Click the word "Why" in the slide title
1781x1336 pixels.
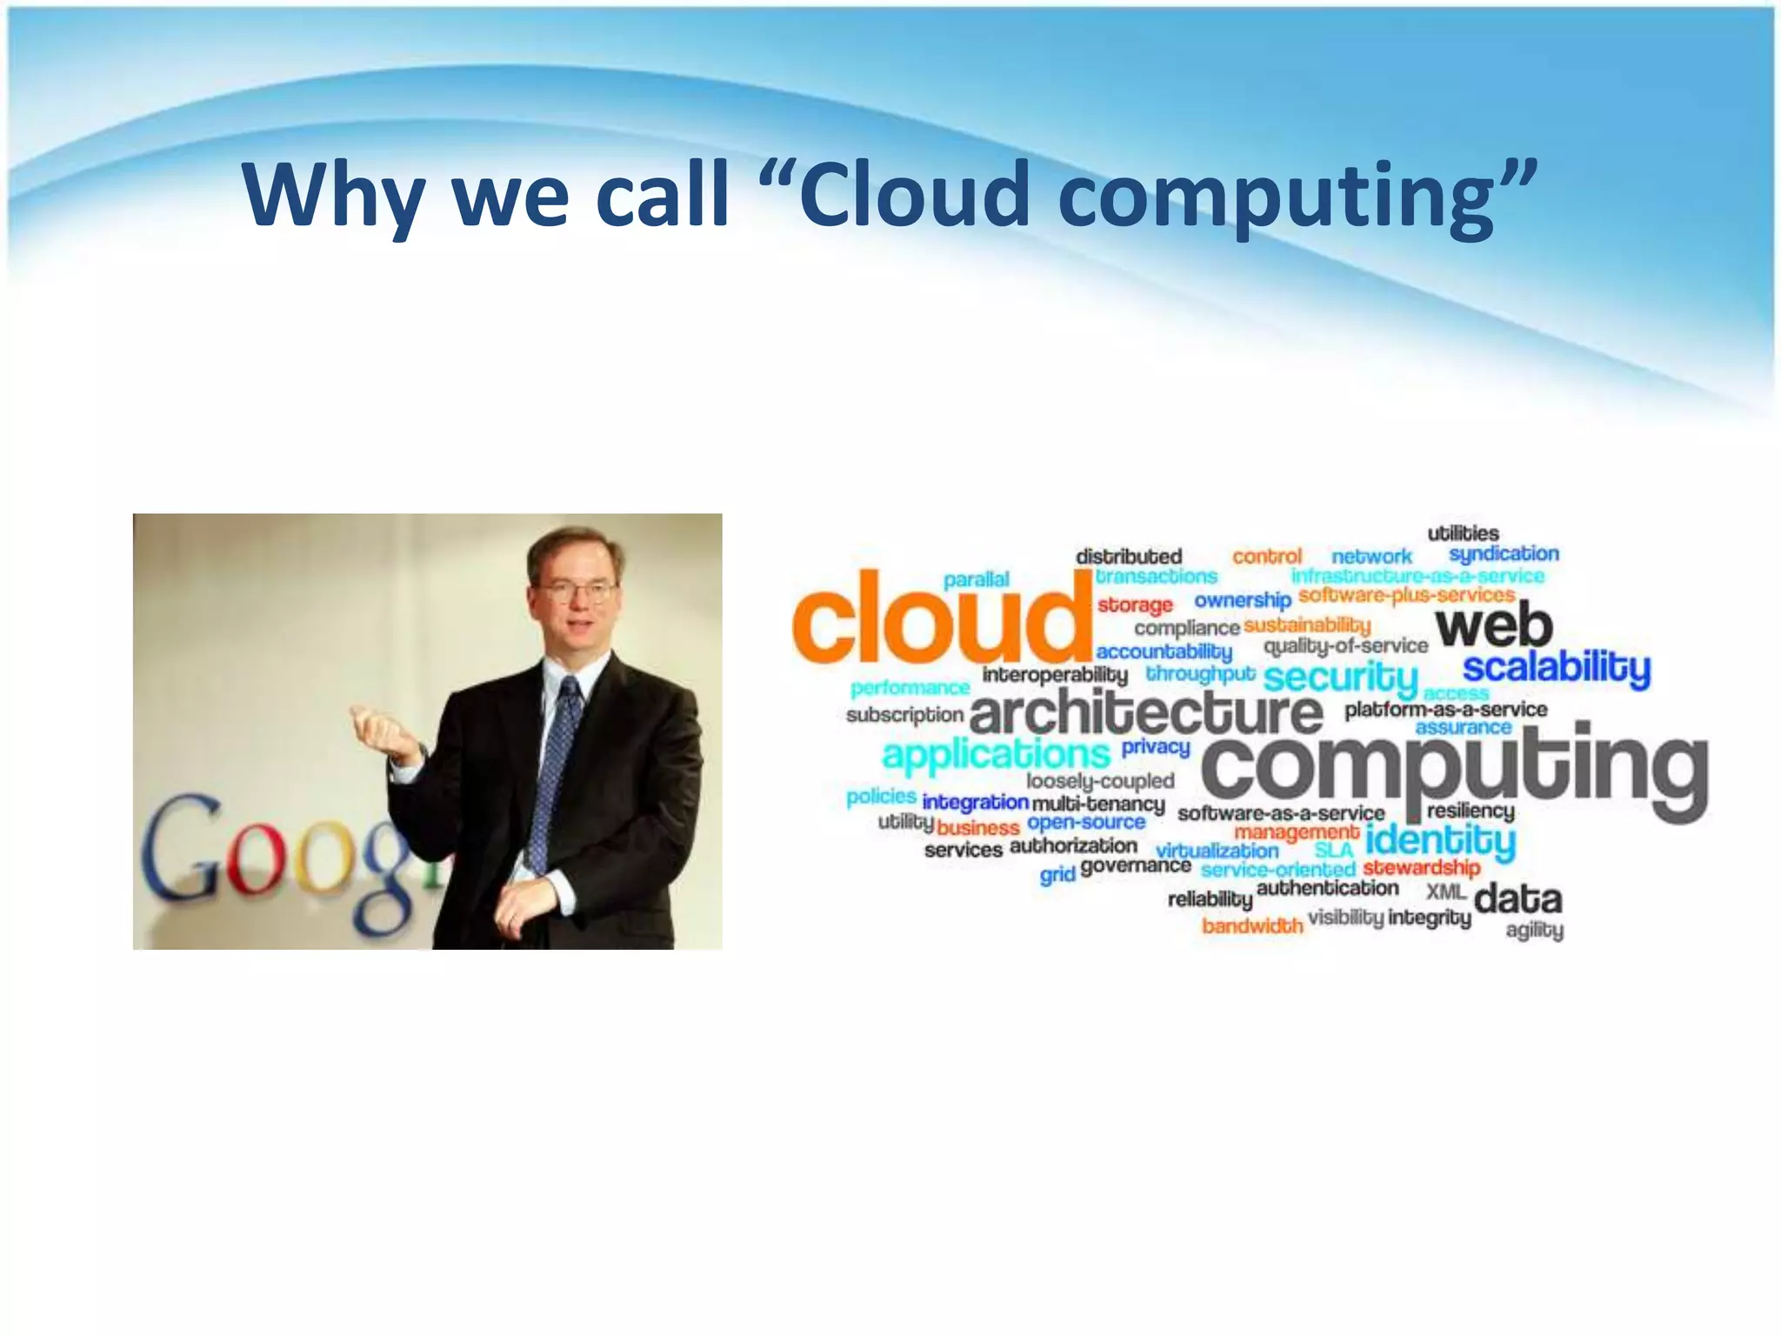tap(332, 195)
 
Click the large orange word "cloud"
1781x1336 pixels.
tap(941, 618)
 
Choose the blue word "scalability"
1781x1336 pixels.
tap(1556, 668)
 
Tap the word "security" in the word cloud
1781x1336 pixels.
tap(1340, 677)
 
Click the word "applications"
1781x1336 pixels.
tap(997, 753)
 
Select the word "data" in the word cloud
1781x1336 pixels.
tap(1518, 899)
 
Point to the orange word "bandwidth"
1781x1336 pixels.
tap(1252, 925)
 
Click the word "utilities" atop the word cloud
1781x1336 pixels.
tap(1463, 533)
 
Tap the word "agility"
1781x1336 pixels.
tap(1534, 931)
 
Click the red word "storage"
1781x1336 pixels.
tap(1135, 605)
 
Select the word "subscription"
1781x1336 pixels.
tap(904, 715)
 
